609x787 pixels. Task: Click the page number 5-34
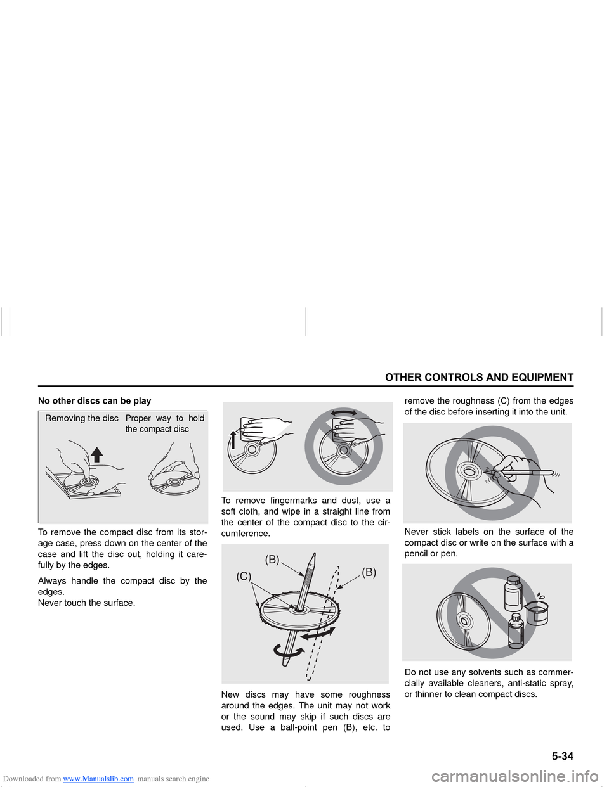pos(561,756)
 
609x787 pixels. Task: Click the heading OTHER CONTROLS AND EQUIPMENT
pos(479,378)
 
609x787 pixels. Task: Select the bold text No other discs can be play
pos(95,400)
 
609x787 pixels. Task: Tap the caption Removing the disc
pos(82,418)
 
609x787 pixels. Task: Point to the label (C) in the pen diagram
pos(244,576)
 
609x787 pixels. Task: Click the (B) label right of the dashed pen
pos(369,572)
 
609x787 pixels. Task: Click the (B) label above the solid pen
pos(272,560)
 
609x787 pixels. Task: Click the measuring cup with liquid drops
pos(537,611)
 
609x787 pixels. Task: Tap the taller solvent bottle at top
pos(513,593)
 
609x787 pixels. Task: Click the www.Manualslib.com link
pos(98,779)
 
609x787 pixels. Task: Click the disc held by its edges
pos(174,483)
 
